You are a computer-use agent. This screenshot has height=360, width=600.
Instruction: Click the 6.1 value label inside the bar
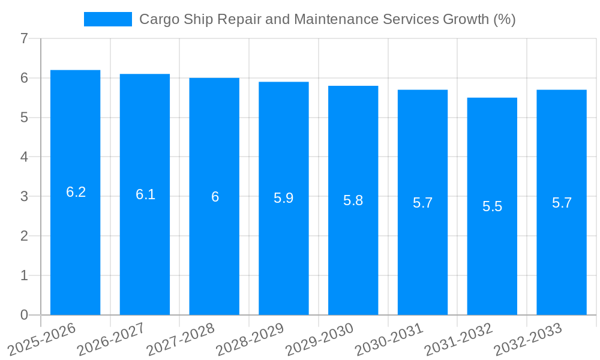coord(145,194)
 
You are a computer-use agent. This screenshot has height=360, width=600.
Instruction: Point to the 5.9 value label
coord(283,198)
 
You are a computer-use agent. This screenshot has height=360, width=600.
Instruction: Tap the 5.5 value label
coord(492,206)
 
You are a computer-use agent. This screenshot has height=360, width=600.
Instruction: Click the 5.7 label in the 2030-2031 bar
coord(422,203)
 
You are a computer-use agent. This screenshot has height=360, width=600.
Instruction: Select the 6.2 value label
coord(76,192)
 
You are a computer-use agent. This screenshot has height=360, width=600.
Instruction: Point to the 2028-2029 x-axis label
coord(250,338)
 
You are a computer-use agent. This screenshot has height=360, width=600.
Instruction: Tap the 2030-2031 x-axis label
coord(389,338)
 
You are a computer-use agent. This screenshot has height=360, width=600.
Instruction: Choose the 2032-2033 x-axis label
coord(528,338)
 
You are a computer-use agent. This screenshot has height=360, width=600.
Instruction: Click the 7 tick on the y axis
coord(24,39)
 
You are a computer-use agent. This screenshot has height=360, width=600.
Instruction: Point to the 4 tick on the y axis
coord(24,157)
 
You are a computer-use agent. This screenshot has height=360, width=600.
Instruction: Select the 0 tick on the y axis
coord(24,315)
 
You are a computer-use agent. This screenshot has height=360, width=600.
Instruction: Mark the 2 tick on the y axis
coord(24,236)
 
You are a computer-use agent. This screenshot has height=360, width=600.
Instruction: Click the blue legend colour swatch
coord(108,19)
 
